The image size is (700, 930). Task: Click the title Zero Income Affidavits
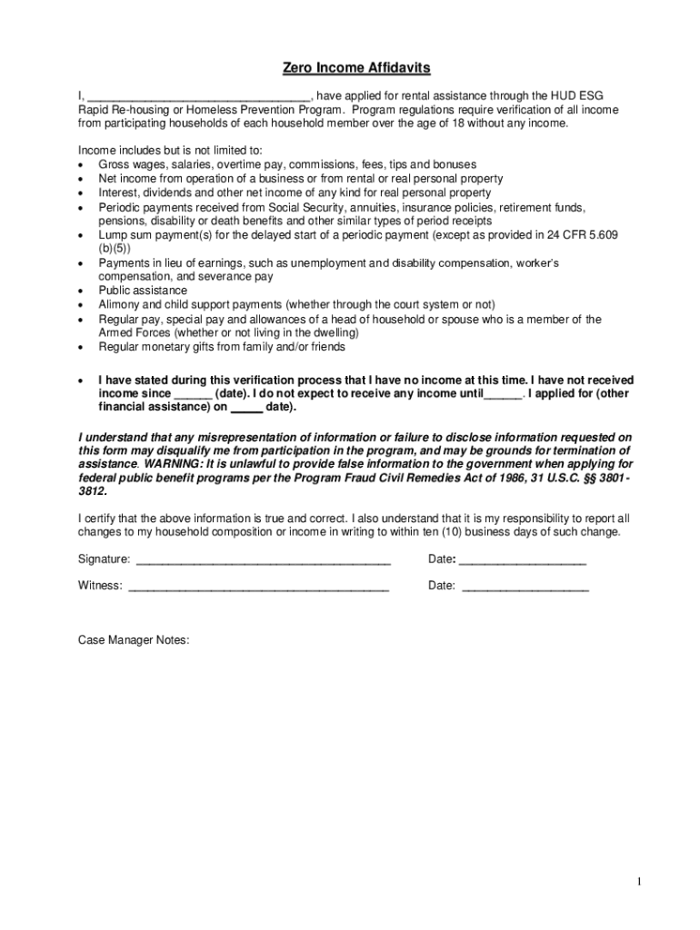pyautogui.click(x=355, y=68)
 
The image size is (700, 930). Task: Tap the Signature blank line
pyautogui.click(x=262, y=559)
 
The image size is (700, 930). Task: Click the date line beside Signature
pyautogui.click(x=523, y=559)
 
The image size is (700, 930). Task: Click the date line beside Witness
pyautogui.click(x=525, y=586)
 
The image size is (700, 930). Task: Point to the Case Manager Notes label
pyautogui.click(x=134, y=640)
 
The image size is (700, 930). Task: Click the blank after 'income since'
pyautogui.click(x=193, y=394)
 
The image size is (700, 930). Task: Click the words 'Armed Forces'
pyautogui.click(x=135, y=333)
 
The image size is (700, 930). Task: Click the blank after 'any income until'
pyautogui.click(x=503, y=394)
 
